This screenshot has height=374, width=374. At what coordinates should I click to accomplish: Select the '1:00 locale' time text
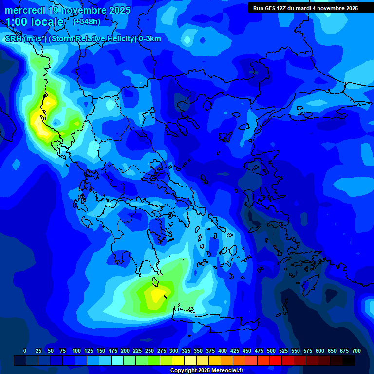pyautogui.click(x=35, y=22)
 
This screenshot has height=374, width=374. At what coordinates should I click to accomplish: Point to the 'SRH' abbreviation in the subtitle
pyautogui.click(x=13, y=39)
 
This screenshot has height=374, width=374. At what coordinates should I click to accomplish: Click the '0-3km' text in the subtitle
pyautogui.click(x=150, y=39)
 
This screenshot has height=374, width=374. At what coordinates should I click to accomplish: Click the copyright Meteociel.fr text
pyautogui.click(x=206, y=371)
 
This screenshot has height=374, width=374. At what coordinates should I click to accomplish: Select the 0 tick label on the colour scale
pyautogui.click(x=25, y=351)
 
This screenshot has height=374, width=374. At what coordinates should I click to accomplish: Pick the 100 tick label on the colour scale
pyautogui.click(x=76, y=351)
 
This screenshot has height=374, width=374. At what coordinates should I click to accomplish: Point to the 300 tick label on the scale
pyautogui.click(x=174, y=351)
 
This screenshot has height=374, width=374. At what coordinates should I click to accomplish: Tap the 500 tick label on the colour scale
pyautogui.click(x=271, y=351)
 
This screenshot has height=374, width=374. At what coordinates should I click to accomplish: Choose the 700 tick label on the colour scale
pyautogui.click(x=356, y=351)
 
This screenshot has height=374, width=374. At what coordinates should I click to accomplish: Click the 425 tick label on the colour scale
pyautogui.click(x=235, y=351)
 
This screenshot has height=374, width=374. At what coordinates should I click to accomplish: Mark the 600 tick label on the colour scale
pyautogui.click(x=320, y=351)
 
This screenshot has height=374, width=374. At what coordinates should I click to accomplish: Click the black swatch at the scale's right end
pyautogui.click(x=349, y=360)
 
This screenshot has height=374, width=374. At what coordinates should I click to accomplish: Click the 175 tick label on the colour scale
pyautogui.click(x=113, y=351)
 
